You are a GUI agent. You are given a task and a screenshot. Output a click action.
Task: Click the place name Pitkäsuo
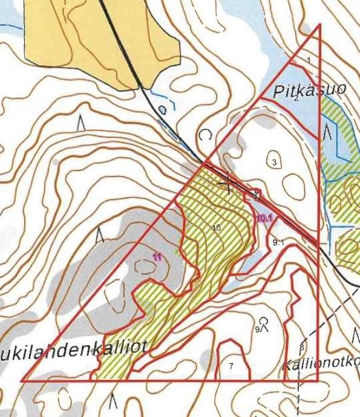point(309,92)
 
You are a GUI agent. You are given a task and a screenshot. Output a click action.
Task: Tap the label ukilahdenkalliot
point(73,351)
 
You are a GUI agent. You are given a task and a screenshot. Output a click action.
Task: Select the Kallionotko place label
point(321,364)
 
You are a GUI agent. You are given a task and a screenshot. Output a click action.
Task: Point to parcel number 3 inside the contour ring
point(274,162)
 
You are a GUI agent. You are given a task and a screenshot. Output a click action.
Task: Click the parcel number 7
point(231,366)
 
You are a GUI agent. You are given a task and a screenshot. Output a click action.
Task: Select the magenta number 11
point(158,257)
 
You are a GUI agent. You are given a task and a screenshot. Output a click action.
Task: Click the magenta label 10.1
point(263,218)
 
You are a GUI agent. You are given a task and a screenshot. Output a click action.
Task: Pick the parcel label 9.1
point(278,242)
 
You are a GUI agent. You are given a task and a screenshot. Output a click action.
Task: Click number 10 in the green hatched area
point(217,227)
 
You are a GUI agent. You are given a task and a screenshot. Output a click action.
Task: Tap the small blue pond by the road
point(162,110)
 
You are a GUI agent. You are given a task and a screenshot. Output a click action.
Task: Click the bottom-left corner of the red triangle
point(22,381)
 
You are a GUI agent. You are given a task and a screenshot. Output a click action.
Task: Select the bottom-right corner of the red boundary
point(318,381)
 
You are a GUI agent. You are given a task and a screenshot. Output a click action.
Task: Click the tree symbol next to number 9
point(264,323)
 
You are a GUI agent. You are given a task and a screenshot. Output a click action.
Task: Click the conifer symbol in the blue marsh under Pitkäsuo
point(327,131)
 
